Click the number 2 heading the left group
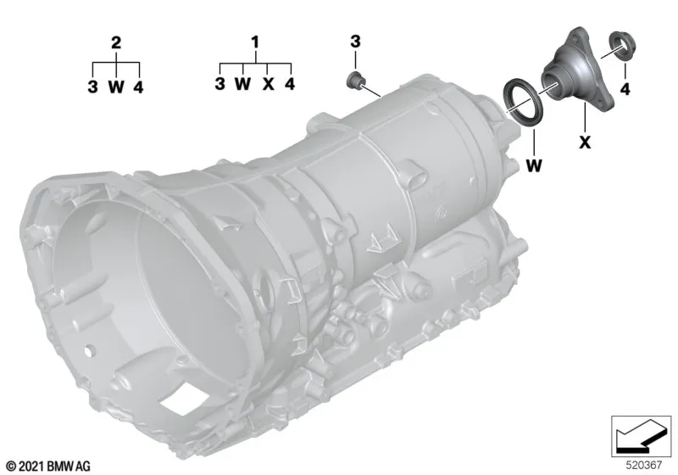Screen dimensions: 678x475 point(116,42)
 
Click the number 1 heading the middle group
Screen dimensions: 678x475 point(255,42)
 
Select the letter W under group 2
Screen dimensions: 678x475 point(116,87)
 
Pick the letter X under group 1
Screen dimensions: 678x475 point(269,83)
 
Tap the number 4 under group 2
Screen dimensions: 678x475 point(138,87)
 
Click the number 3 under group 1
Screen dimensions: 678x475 point(220,83)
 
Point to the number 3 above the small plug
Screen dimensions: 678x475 point(355,42)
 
